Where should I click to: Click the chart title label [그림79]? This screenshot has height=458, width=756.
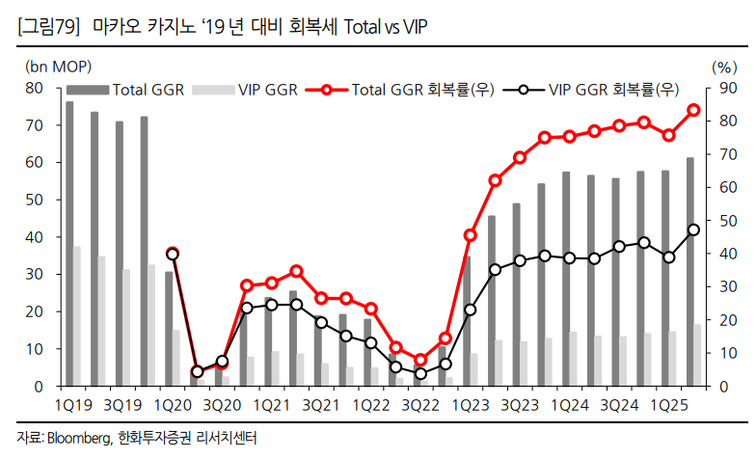coord(48,26)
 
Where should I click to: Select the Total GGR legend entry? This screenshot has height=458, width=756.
coord(146,91)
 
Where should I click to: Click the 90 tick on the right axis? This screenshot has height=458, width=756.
coord(723,88)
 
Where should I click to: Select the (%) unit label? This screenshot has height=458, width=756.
coord(723,67)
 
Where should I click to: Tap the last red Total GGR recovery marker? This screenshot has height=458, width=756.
coord(692,110)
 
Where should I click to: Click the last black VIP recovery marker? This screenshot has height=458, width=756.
coord(692,229)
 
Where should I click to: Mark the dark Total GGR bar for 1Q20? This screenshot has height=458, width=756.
coord(169,329)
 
